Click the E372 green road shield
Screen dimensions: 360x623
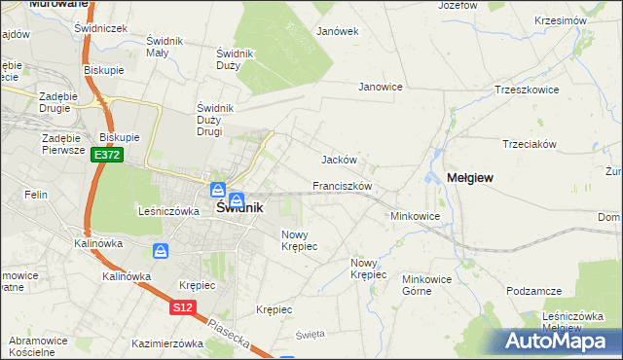point(107,156)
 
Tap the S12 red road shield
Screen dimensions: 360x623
point(183,307)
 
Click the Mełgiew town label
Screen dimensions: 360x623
point(471,177)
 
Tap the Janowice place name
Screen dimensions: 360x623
point(381,87)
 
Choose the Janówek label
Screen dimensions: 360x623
point(338,31)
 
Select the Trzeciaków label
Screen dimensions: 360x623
point(529,144)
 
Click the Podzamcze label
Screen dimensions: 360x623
point(534,291)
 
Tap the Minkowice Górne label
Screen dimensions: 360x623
point(429,284)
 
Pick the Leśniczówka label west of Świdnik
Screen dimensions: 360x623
point(168,210)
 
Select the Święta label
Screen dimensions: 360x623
point(310,334)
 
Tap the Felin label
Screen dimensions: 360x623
point(37,196)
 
